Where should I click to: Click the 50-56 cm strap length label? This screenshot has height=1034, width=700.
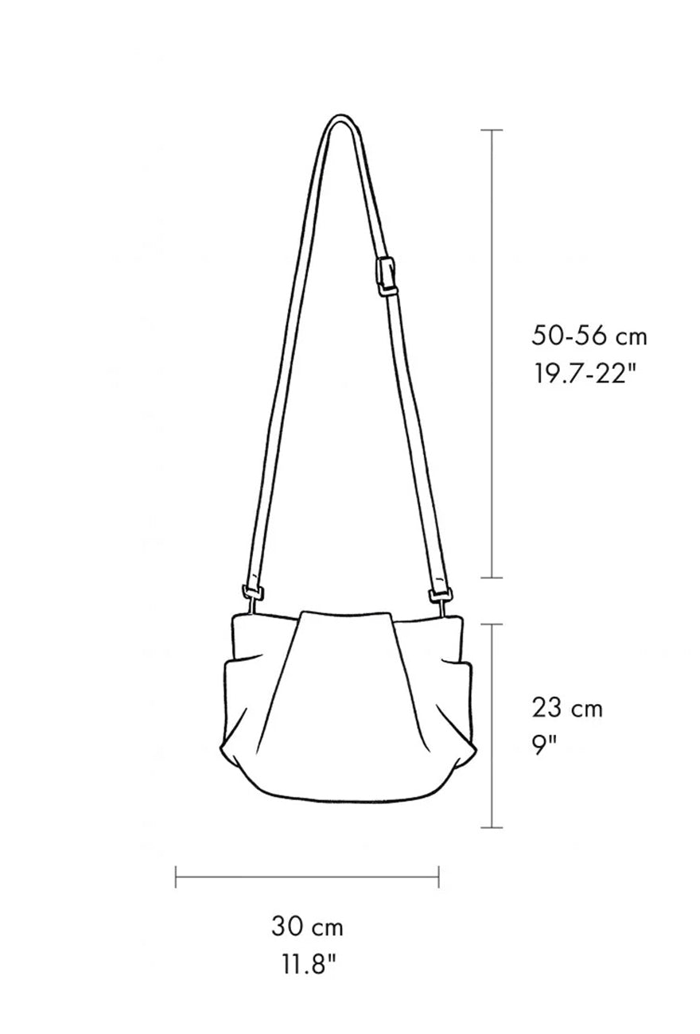(x=589, y=336)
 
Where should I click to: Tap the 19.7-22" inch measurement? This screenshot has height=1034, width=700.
(x=583, y=373)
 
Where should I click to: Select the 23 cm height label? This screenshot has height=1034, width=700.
(x=567, y=708)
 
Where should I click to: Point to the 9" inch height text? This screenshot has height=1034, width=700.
(x=544, y=744)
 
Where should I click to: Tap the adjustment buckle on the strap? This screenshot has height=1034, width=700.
(x=387, y=277)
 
